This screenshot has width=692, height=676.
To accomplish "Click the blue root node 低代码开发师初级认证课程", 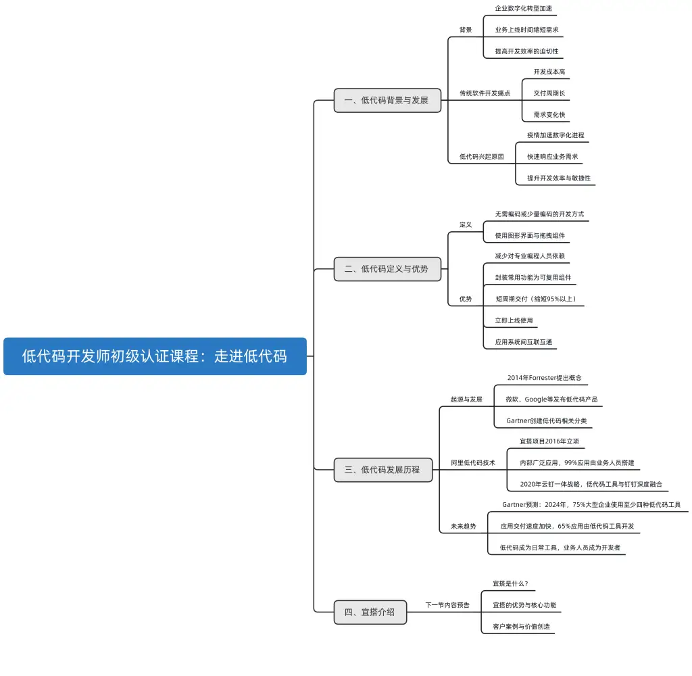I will point(155,356).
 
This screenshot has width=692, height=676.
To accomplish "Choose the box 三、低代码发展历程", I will point(382,469).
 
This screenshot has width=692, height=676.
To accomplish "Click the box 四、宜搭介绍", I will point(370,612).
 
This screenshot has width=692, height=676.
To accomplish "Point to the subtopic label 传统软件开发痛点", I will point(485,93).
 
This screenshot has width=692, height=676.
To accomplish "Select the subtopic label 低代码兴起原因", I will point(482,156).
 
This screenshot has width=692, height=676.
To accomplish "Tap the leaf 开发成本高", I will point(549,72).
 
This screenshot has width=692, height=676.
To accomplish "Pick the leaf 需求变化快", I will point(549,114).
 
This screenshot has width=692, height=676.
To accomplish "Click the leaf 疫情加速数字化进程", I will point(555,135).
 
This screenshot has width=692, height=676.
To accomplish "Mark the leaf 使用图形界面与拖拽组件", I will point(530,235).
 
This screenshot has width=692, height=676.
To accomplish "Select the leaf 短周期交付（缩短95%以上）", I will point(535,299).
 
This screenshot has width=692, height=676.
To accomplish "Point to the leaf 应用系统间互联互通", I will point(523,342).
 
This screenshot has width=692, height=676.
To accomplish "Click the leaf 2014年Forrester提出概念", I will point(544,377).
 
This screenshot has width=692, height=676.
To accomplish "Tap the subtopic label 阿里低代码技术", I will point(473,463).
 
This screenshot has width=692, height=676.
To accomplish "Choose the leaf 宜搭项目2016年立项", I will point(549,441).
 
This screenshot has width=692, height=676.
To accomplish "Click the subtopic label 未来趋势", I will point(464,526).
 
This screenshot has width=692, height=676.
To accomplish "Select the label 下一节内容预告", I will point(447,605).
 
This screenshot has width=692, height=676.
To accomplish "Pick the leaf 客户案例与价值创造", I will point(521,627).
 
